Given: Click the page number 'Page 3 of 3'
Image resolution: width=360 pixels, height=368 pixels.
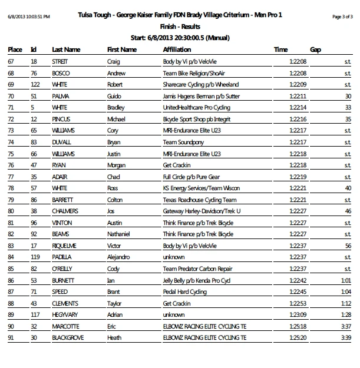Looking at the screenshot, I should [x=342, y=17].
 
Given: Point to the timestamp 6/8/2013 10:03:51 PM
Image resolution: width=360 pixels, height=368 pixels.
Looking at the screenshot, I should [x=29, y=17].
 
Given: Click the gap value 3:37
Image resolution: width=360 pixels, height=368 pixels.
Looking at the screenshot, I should [x=346, y=326].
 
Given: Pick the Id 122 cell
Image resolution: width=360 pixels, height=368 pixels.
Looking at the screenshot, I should [x=34, y=84].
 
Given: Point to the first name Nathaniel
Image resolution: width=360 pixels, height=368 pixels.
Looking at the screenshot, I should [x=119, y=234].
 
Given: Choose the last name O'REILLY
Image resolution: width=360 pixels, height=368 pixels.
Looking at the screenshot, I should [x=62, y=268].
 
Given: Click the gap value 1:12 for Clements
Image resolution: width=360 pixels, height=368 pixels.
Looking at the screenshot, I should [x=346, y=303].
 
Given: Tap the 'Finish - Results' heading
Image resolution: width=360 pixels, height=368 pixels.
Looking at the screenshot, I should [x=179, y=27].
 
